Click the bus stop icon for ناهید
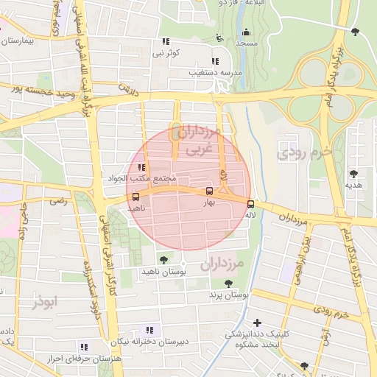tap(135, 197)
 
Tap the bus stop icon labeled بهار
tap(210, 191)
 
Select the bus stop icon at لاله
tap(250, 204)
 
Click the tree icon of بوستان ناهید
tap(163, 261)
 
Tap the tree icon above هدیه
tap(354, 174)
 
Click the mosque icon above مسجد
tap(246, 32)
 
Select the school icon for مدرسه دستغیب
tap(214, 61)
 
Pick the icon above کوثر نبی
tap(166, 41)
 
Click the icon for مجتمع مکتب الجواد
tap(141, 168)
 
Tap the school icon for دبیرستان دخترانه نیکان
tap(149, 330)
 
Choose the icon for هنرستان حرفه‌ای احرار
tap(83, 345)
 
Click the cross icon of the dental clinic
tap(257, 323)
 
